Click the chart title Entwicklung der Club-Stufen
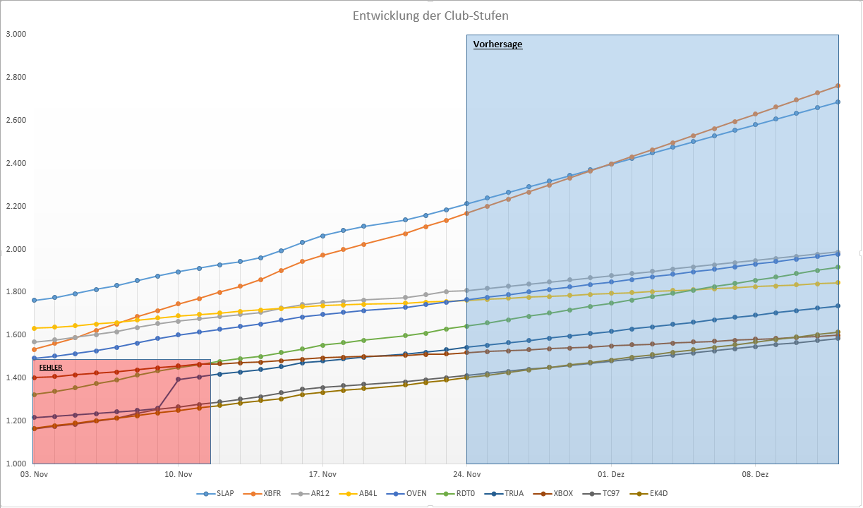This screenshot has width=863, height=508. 430,16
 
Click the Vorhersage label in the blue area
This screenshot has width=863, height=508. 497,44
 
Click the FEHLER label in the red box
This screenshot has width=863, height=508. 50,368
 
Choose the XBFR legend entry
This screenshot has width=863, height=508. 271,493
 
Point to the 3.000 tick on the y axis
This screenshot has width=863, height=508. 16,34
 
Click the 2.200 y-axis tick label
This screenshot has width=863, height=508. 16,206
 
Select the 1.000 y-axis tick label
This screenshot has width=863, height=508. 16,464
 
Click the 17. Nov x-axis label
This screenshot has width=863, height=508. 322,475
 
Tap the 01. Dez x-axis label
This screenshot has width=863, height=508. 611,475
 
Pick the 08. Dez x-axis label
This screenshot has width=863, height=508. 755,475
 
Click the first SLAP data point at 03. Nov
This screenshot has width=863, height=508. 34,301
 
